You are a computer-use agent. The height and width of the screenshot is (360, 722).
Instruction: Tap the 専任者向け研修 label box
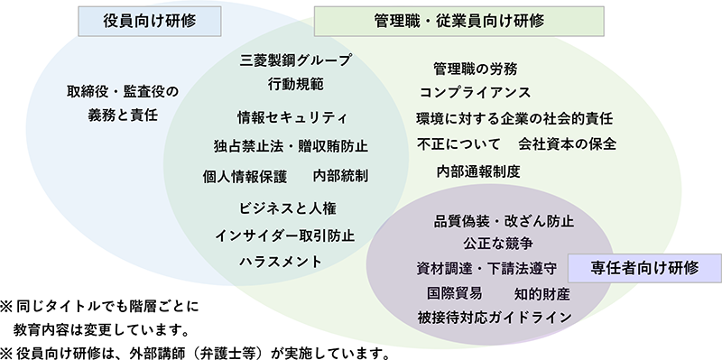643,267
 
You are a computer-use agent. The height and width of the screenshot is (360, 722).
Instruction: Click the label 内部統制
339,175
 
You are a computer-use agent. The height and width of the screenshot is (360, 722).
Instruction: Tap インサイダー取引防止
285,235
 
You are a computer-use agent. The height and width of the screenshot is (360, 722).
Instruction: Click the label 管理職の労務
475,69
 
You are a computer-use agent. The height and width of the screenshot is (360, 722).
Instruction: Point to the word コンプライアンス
475,93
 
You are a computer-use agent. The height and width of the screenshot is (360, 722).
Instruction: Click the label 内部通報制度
478,171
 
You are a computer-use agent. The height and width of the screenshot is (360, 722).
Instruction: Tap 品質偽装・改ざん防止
504,220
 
